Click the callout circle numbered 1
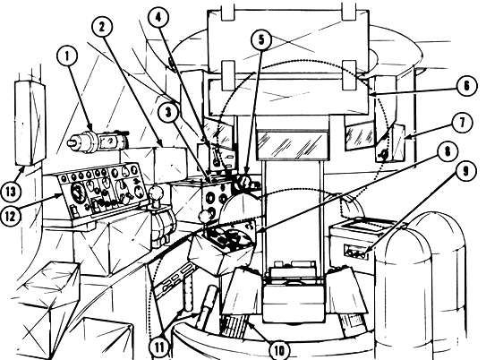point(67,56)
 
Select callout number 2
point(102,27)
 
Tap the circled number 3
point(168,112)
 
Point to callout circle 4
point(158,18)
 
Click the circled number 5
point(261,40)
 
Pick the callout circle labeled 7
point(462,123)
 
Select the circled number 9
point(465,171)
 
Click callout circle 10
point(279,350)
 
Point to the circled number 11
point(159,347)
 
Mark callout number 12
point(11,216)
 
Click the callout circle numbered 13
point(11,191)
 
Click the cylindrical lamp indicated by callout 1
point(98,141)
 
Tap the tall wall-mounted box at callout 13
point(30,123)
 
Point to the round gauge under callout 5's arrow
point(244,183)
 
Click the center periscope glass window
point(292,144)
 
